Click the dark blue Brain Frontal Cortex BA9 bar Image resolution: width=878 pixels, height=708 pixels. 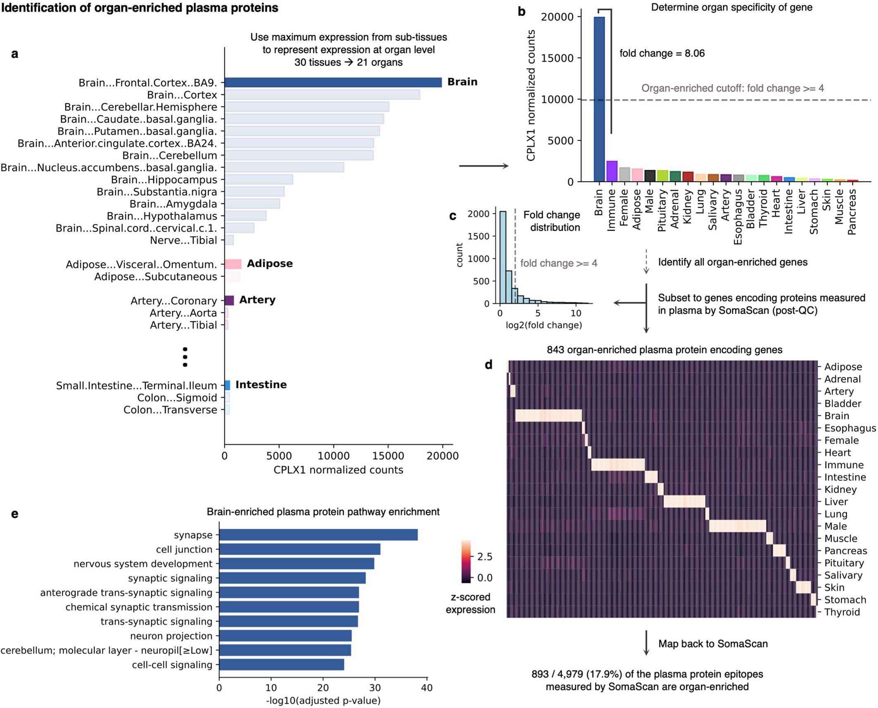[x=333, y=82]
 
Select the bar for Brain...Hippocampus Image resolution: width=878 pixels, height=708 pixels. [x=259, y=180]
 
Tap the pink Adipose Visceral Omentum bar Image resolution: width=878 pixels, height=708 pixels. [x=233, y=264]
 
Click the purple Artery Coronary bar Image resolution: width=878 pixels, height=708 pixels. [x=229, y=300]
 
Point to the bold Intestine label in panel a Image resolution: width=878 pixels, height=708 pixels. [x=261, y=385]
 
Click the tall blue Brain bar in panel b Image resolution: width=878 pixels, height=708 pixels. [x=599, y=99]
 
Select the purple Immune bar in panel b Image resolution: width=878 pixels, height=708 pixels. [x=612, y=171]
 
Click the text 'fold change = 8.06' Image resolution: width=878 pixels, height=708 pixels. [x=662, y=53]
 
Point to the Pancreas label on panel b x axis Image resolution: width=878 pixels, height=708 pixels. [x=852, y=212]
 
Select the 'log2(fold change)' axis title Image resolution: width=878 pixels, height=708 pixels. [x=544, y=325]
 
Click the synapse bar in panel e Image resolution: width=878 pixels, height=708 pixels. [x=318, y=535]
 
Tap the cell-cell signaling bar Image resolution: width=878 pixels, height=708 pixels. [x=281, y=665]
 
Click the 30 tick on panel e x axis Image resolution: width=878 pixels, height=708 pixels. [x=375, y=688]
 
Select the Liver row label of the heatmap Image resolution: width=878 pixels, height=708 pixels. [x=836, y=502]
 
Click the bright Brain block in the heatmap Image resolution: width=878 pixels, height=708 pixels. [x=548, y=416]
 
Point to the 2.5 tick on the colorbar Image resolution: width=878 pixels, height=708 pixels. [x=484, y=557]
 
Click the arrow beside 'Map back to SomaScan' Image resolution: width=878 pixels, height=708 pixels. [x=646, y=643]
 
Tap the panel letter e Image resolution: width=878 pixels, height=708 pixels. [x=15, y=513]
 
